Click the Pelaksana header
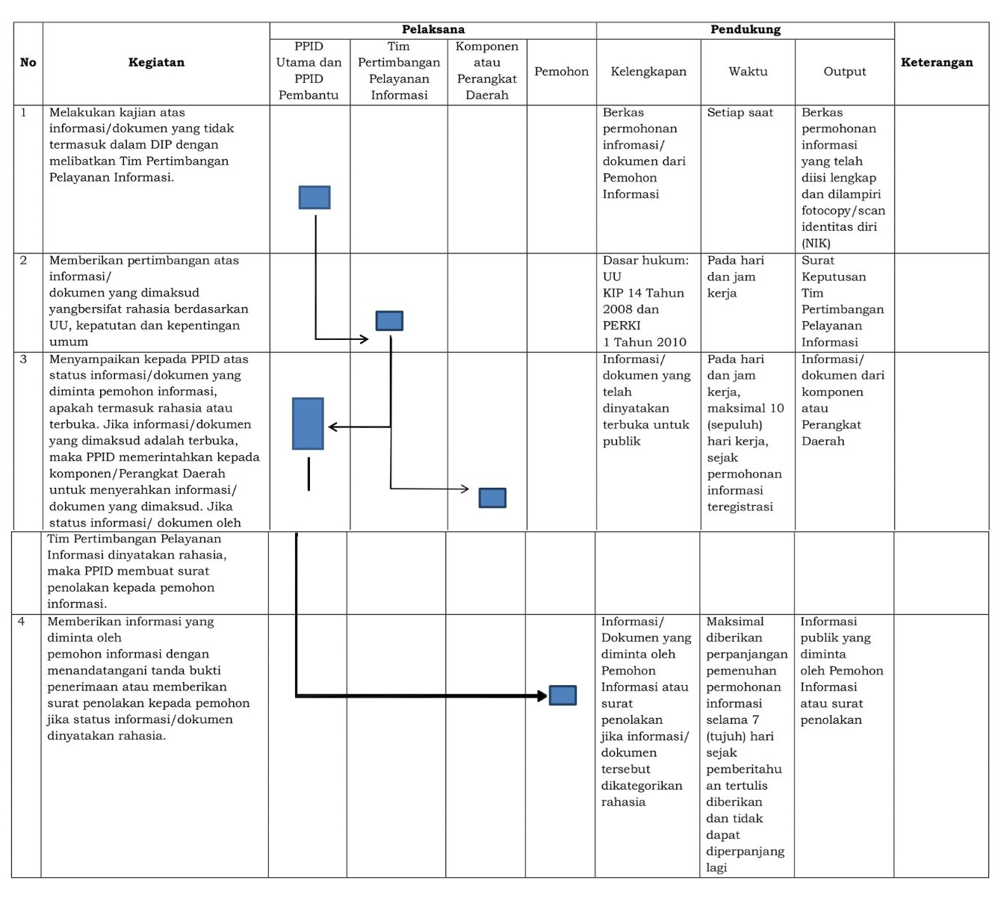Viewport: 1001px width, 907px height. click(x=433, y=30)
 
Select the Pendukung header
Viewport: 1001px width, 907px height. click(x=745, y=30)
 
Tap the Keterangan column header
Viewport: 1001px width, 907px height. click(x=937, y=63)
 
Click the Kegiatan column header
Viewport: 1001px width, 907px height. click(x=156, y=63)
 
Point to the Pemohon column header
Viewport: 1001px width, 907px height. click(x=561, y=72)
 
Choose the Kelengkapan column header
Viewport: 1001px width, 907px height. click(x=648, y=72)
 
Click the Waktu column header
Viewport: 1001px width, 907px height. click(x=748, y=72)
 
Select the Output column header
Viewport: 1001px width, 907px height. click(x=844, y=72)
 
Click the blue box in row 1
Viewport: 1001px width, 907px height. click(x=314, y=197)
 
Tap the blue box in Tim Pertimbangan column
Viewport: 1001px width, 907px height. click(x=389, y=321)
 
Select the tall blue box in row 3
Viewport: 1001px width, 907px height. click(x=308, y=424)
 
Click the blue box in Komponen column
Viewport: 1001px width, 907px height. click(x=492, y=498)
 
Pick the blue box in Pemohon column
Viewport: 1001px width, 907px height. click(x=563, y=696)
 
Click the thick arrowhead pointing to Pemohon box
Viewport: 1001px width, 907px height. click(x=542, y=696)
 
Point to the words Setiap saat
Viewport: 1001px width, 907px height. click(x=740, y=113)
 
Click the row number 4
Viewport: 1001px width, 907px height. click(x=21, y=622)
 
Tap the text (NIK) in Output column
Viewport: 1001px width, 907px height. click(x=816, y=244)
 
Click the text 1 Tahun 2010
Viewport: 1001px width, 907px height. click(x=644, y=342)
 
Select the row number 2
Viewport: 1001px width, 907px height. click(x=23, y=261)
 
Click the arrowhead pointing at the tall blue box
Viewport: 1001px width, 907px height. click(x=332, y=427)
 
